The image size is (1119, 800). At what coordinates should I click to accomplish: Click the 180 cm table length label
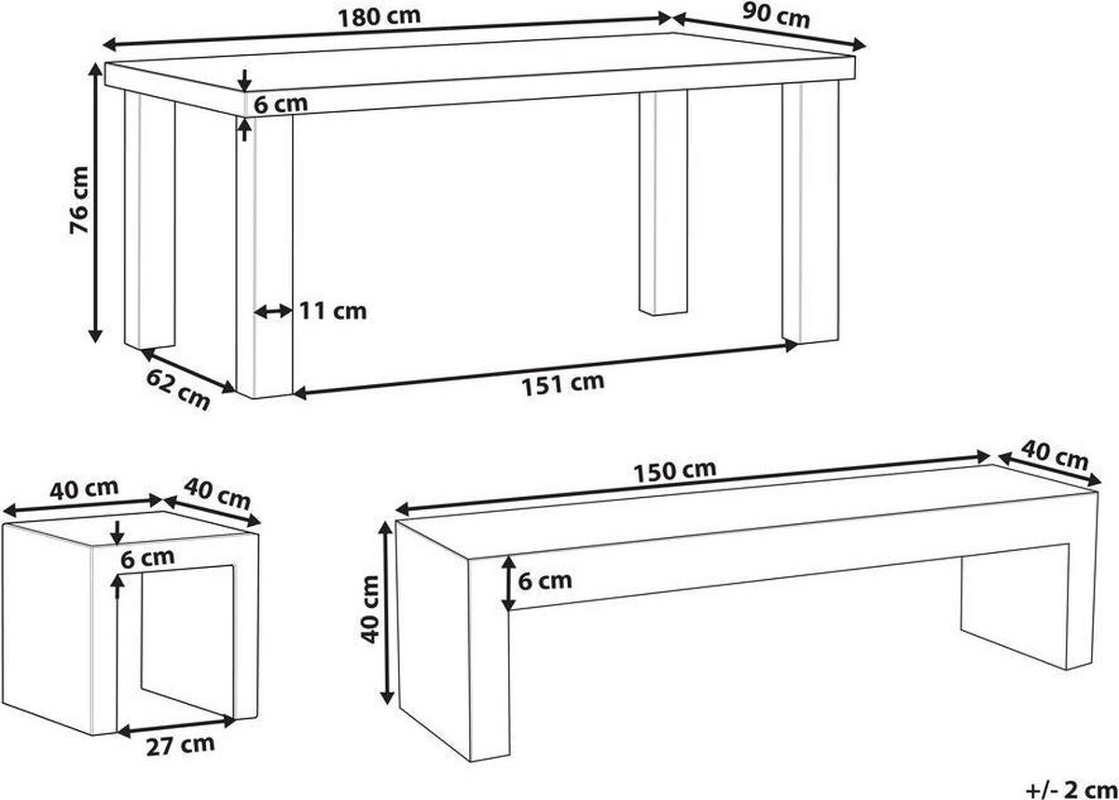(380, 16)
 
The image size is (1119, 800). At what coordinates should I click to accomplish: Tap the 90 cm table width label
(776, 17)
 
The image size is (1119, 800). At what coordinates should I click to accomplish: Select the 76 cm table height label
(79, 200)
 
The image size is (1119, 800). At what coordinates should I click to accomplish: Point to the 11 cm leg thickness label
(333, 311)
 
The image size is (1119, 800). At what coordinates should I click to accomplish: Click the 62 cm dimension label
(178, 391)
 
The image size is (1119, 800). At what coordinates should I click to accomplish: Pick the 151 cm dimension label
(563, 384)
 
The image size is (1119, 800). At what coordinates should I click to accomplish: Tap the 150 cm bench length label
(675, 471)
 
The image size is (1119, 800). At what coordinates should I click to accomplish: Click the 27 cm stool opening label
(180, 746)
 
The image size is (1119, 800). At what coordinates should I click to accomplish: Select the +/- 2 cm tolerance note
(1071, 790)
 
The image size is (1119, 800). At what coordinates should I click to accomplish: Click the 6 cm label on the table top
(281, 104)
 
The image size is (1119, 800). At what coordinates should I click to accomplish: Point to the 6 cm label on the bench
(545, 581)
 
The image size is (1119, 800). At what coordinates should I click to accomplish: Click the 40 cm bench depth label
(1054, 455)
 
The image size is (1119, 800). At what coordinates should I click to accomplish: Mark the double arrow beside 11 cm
(272, 312)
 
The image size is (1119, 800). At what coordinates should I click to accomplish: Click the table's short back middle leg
(663, 201)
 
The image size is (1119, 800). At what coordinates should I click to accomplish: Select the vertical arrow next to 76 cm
(95, 202)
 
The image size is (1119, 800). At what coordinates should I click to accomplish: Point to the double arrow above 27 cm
(176, 727)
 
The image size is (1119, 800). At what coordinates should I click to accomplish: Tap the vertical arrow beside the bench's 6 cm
(508, 584)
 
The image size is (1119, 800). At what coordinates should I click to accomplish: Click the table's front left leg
(264, 256)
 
